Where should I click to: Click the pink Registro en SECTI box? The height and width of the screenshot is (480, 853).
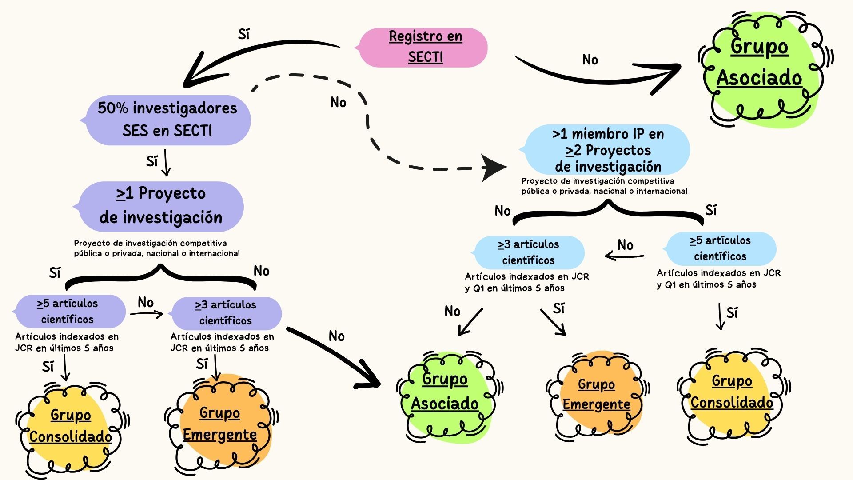pyautogui.click(x=425, y=47)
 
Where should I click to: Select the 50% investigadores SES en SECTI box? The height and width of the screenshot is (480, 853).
pyautogui.click(x=167, y=120)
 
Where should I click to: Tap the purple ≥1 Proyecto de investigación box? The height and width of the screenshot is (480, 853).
pyautogui.click(x=160, y=206)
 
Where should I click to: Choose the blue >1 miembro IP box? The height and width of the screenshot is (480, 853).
pyautogui.click(x=608, y=150)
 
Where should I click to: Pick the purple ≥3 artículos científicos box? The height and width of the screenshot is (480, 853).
pyautogui.click(x=226, y=312)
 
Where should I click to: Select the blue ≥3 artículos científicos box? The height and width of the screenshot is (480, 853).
pyautogui.click(x=529, y=252)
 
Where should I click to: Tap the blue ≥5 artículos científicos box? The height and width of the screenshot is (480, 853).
pyautogui.click(x=721, y=248)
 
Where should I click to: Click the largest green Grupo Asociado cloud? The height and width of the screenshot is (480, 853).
pyautogui.click(x=760, y=67)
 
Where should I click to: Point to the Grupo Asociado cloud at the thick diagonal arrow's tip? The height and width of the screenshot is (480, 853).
pyautogui.click(x=445, y=393)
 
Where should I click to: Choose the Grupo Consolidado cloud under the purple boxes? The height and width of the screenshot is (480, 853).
pyautogui.click(x=70, y=427)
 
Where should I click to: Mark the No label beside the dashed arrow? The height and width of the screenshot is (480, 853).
pyautogui.click(x=338, y=103)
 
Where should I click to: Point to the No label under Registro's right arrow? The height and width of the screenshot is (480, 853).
pyautogui.click(x=590, y=60)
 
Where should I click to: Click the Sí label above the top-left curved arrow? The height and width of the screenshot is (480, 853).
pyautogui.click(x=244, y=34)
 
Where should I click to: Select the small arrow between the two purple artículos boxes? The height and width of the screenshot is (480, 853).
pyautogui.click(x=147, y=314)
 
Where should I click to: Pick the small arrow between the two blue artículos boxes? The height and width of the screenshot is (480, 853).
pyautogui.click(x=624, y=256)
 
